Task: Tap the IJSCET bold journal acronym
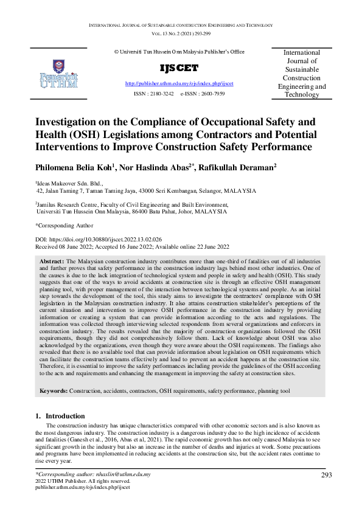[x=179, y=68]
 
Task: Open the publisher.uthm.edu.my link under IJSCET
[x=179, y=83]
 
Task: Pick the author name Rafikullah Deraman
[x=246, y=167]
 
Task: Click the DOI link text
[x=120, y=240]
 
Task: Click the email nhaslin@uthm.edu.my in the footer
[x=120, y=474]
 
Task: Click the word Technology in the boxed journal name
[x=302, y=95]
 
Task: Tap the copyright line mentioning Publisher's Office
[x=179, y=52]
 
